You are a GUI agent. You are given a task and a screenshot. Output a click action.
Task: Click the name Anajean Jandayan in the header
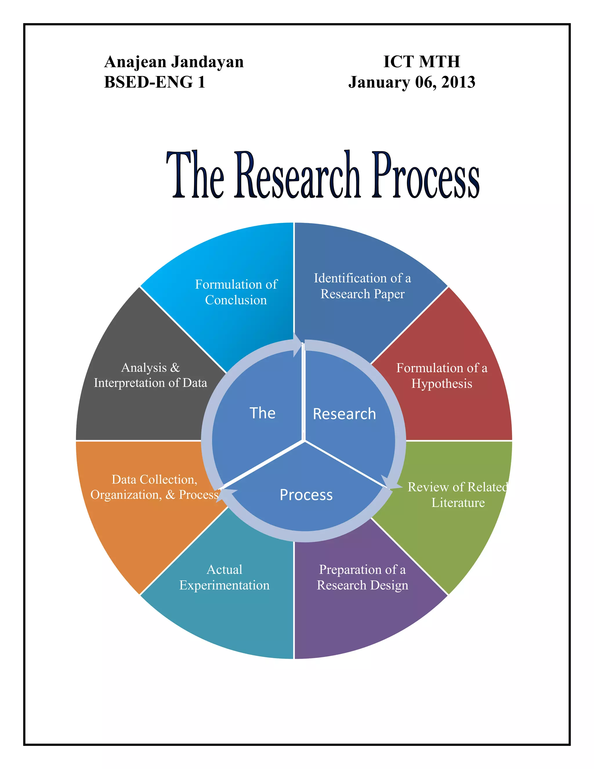(174, 62)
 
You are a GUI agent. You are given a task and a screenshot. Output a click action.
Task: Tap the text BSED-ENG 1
(155, 82)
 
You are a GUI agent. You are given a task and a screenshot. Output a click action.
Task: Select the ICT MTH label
(421, 62)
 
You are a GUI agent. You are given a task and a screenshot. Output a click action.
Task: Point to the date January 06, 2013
(412, 82)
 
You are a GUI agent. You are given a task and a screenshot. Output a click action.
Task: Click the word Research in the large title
(298, 175)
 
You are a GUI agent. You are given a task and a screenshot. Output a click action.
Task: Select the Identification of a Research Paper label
(363, 286)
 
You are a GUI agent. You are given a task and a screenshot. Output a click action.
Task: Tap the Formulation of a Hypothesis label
(442, 376)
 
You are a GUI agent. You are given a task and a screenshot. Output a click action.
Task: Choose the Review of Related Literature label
(457, 495)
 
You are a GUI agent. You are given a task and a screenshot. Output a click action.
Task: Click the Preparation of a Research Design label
(363, 577)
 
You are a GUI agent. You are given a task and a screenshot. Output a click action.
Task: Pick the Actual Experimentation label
(224, 577)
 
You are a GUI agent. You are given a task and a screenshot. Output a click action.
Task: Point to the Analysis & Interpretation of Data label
(150, 375)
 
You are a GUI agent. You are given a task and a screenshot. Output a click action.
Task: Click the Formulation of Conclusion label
(236, 292)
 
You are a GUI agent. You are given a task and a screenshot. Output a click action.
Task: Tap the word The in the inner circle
(262, 413)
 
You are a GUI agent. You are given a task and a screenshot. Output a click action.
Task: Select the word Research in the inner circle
(344, 414)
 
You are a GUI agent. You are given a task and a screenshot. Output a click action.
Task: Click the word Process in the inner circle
(306, 495)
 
